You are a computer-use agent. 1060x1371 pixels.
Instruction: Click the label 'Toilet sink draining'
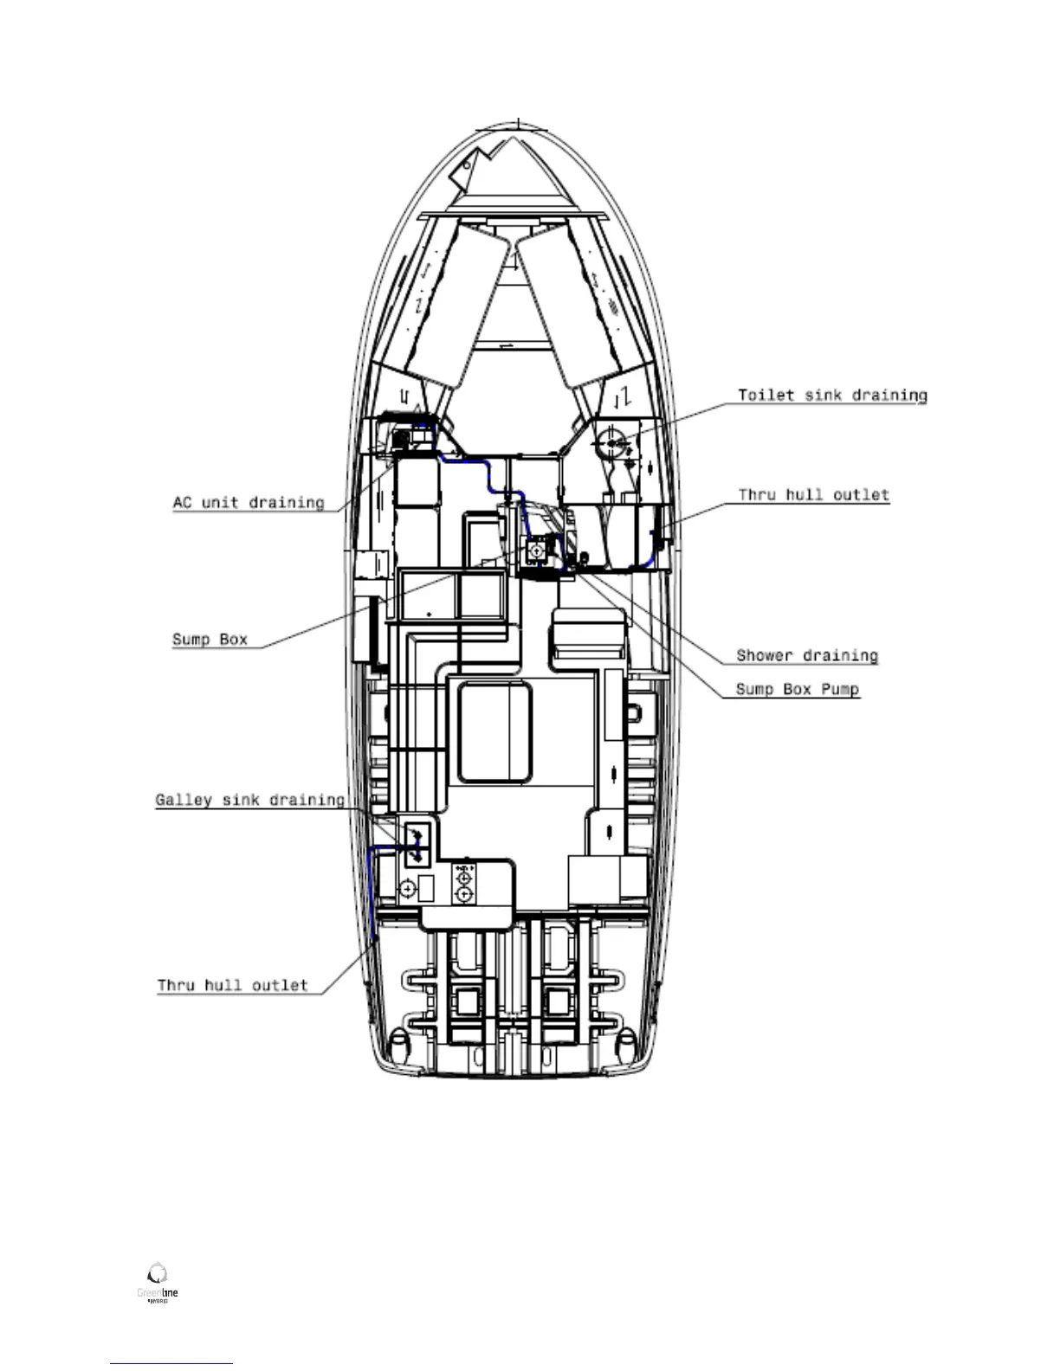[831, 396]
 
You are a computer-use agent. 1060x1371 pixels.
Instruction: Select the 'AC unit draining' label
[249, 503]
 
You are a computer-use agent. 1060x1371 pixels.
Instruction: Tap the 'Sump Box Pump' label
[797, 690]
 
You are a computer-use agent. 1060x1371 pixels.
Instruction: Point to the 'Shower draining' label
[806, 656]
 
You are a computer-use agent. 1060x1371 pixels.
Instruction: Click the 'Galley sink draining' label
[249, 801]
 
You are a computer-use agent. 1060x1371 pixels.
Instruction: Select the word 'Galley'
[184, 801]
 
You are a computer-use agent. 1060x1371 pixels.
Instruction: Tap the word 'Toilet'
[766, 396]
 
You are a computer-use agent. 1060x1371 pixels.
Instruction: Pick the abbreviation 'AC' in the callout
[182, 503]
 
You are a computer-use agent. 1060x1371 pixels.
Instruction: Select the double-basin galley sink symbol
[417, 844]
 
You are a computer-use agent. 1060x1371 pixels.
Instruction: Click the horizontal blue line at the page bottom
[171, 1363]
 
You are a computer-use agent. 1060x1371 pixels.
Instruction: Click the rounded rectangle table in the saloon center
[494, 731]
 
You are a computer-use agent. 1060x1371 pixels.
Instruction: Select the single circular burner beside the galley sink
[407, 888]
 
